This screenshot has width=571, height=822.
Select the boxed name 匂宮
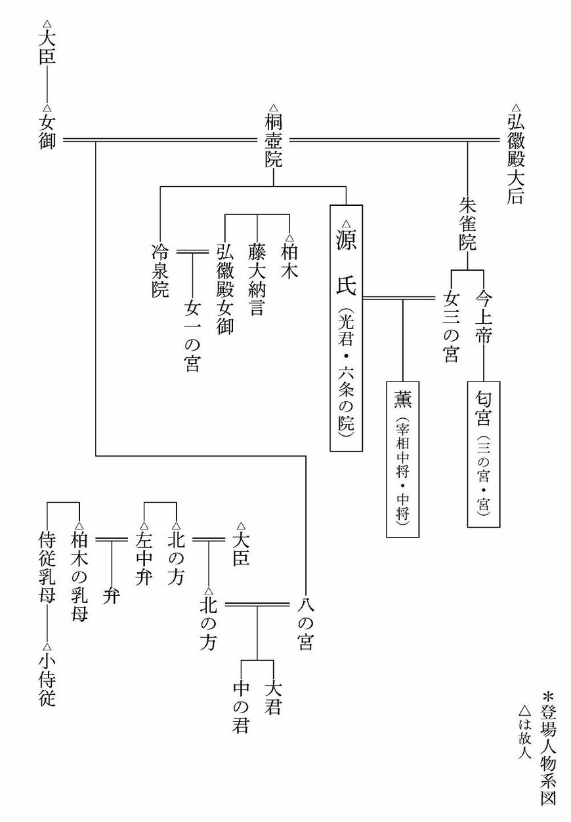[484, 453]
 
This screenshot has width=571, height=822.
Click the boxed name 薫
[402, 458]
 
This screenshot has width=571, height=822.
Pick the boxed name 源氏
[346, 328]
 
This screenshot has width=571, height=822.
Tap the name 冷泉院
[160, 271]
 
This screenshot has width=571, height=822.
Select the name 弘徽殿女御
[224, 289]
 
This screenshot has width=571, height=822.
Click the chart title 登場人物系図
[548, 747]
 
